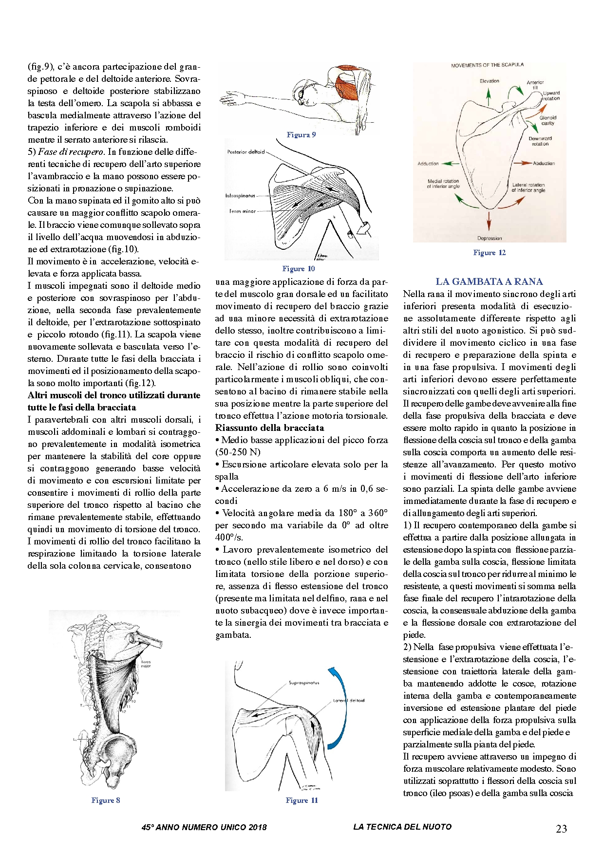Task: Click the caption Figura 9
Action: click(x=301, y=135)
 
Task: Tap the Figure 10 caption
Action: click(x=298, y=269)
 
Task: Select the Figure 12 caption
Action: click(x=489, y=253)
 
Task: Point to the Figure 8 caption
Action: click(x=105, y=800)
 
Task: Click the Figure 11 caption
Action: click(x=302, y=800)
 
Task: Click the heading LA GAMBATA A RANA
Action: click(x=489, y=281)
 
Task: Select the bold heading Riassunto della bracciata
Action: click(x=269, y=428)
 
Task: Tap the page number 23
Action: click(x=561, y=829)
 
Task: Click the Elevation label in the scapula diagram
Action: click(x=489, y=81)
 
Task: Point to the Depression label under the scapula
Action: click(x=489, y=238)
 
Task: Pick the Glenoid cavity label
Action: click(x=548, y=120)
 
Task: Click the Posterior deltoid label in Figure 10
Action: click(x=245, y=152)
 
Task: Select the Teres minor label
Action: click(x=242, y=211)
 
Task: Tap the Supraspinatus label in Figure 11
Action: click(x=304, y=683)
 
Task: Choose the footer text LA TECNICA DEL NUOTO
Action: click(x=402, y=827)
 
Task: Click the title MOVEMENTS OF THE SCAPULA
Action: click(x=487, y=65)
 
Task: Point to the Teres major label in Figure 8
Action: click(x=146, y=664)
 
